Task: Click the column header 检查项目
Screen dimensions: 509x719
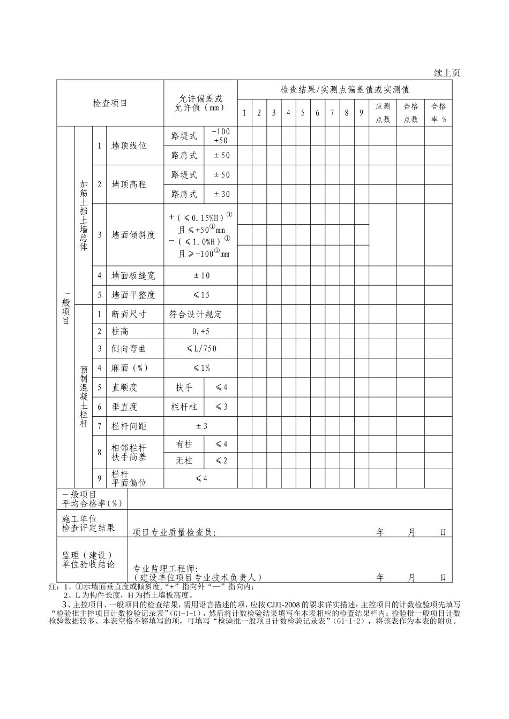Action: point(110,103)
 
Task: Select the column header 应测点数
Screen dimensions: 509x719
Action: point(383,112)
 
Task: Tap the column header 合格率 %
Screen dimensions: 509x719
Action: point(438,112)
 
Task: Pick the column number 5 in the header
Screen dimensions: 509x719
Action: point(303,113)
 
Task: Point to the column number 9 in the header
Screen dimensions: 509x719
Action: point(361,113)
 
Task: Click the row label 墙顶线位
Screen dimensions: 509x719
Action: point(129,146)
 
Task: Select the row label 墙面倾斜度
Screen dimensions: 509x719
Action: point(133,235)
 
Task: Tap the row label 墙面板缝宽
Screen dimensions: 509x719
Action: point(133,276)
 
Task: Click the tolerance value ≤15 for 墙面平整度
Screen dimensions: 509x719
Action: point(201,295)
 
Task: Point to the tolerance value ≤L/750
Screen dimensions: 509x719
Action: point(201,348)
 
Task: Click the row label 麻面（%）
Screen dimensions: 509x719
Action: point(130,368)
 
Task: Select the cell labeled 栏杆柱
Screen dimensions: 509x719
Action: point(184,407)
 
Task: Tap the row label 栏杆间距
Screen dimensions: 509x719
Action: point(129,426)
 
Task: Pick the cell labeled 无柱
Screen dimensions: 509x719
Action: point(184,461)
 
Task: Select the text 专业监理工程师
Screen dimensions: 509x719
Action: point(166,568)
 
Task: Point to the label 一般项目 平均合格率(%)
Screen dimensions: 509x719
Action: point(92,499)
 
